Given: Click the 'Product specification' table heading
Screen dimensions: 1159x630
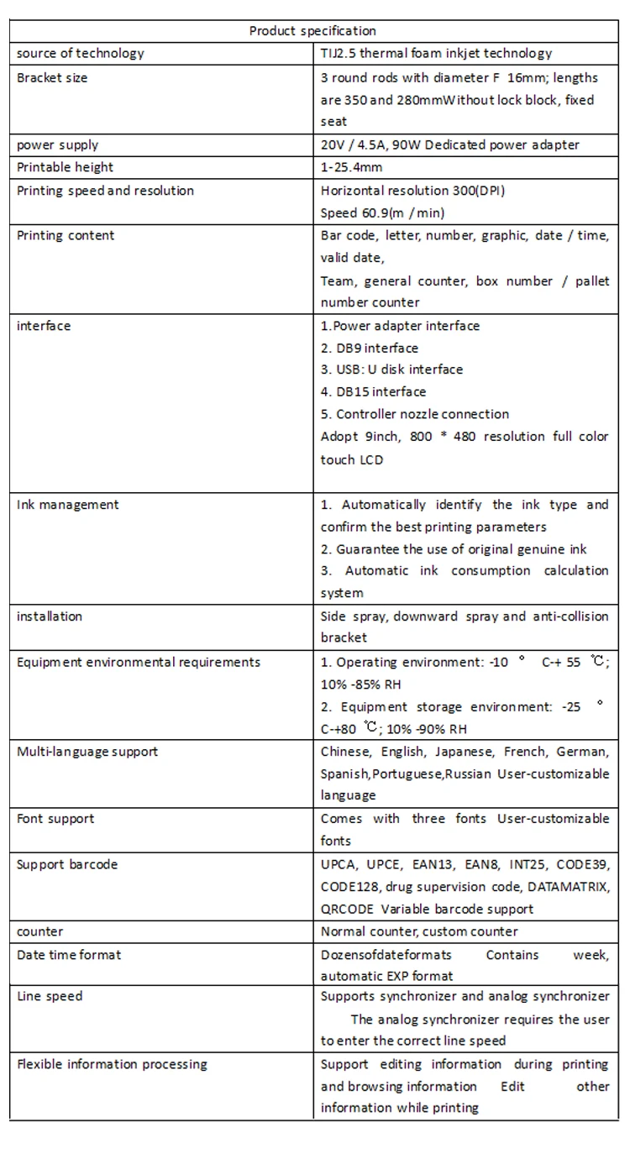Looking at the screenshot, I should tap(312, 31).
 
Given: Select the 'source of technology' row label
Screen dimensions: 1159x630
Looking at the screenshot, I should tap(81, 54).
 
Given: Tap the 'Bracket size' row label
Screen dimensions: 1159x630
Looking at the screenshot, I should tap(52, 78).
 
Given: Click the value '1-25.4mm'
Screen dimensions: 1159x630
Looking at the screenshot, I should tap(351, 168).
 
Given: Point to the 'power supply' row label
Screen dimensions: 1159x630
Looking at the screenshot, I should tap(57, 144).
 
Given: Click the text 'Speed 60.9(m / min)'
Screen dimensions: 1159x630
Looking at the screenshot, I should tap(382, 213).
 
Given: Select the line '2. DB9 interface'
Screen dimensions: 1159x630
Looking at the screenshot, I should tap(369, 348).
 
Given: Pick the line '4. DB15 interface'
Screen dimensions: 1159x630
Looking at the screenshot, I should tap(373, 391).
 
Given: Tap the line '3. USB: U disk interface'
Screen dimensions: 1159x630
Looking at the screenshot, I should tap(391, 370).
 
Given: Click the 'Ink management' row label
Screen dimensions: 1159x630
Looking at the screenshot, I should tap(68, 505).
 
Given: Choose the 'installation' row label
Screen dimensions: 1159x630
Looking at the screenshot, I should tap(50, 616).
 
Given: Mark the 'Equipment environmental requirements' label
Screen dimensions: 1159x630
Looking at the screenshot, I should tap(139, 662).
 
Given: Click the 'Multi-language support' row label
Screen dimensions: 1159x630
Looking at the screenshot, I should tap(87, 751).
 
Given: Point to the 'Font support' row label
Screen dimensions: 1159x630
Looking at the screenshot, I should tap(55, 819).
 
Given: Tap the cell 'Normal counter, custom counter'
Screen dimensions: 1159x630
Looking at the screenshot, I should tap(419, 931).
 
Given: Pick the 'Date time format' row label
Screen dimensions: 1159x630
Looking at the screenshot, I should tap(69, 955).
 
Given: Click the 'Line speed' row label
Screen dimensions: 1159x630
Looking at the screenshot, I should tap(50, 996).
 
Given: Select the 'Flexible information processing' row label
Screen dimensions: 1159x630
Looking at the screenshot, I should tap(112, 1064).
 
